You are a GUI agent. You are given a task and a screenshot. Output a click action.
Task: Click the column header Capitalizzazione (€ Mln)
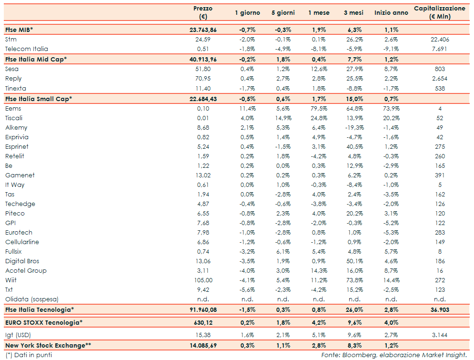point(439,12)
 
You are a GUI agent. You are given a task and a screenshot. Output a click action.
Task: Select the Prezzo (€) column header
point(203,12)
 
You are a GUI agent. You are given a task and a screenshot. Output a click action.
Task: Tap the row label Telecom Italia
point(27,49)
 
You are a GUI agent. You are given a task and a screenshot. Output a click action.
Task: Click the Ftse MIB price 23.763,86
point(203,30)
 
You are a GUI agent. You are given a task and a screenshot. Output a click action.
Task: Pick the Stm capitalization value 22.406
point(439,39)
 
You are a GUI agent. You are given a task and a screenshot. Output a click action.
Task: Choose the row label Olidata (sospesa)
point(32,299)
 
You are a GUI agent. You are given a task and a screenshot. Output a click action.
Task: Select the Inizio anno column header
point(391,12)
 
